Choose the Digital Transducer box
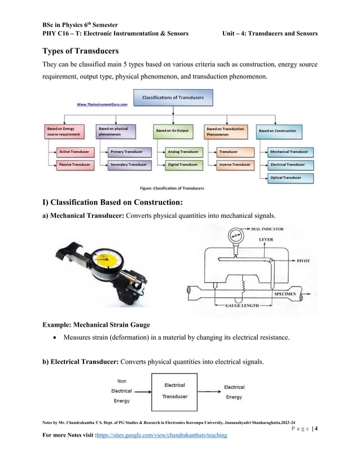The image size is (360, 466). (x=182, y=164)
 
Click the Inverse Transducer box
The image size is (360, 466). (x=234, y=164)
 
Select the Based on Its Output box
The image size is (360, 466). (x=173, y=131)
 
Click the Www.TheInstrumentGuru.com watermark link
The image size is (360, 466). (x=102, y=104)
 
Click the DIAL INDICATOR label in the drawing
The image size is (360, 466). (x=265, y=229)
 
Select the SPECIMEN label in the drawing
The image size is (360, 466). (x=288, y=294)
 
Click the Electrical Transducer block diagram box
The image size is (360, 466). (x=174, y=391)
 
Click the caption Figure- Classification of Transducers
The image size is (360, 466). (x=172, y=188)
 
